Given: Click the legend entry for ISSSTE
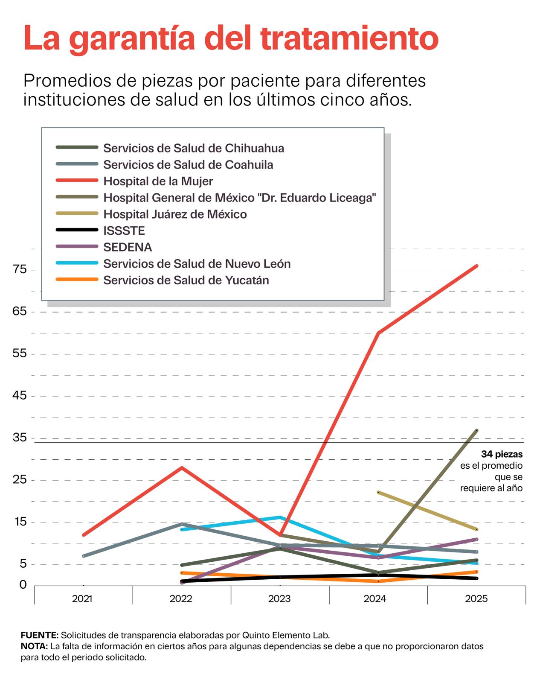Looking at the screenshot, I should click(x=124, y=231).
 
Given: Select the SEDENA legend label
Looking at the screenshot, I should click(x=127, y=247).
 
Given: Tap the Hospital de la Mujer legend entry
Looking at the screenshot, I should click(x=158, y=181).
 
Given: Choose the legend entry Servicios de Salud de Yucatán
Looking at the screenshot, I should click(x=186, y=280).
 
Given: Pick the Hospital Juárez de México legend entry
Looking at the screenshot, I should click(x=175, y=214).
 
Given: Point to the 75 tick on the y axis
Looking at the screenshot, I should click(x=20, y=269).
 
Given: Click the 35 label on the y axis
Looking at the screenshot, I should click(x=20, y=438).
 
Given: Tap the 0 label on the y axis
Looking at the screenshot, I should click(x=23, y=585).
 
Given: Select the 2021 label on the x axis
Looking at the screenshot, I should click(x=82, y=598).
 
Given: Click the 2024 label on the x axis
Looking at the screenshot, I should click(x=375, y=598).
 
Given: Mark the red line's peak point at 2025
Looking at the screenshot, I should click(x=476, y=266).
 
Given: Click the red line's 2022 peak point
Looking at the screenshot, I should click(x=182, y=467).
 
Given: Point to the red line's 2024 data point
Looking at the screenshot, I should click(x=378, y=333).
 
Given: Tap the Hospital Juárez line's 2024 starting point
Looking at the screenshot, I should click(x=378, y=492).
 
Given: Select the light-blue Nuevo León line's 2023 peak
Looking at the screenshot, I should click(x=280, y=517).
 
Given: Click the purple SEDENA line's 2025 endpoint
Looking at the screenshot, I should click(x=476, y=539).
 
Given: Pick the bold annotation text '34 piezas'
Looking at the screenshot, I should click(x=502, y=454).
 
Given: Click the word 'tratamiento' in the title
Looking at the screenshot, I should click(x=349, y=38).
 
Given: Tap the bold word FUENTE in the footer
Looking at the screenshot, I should click(x=39, y=635).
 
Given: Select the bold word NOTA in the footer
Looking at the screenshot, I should click(x=34, y=646).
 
